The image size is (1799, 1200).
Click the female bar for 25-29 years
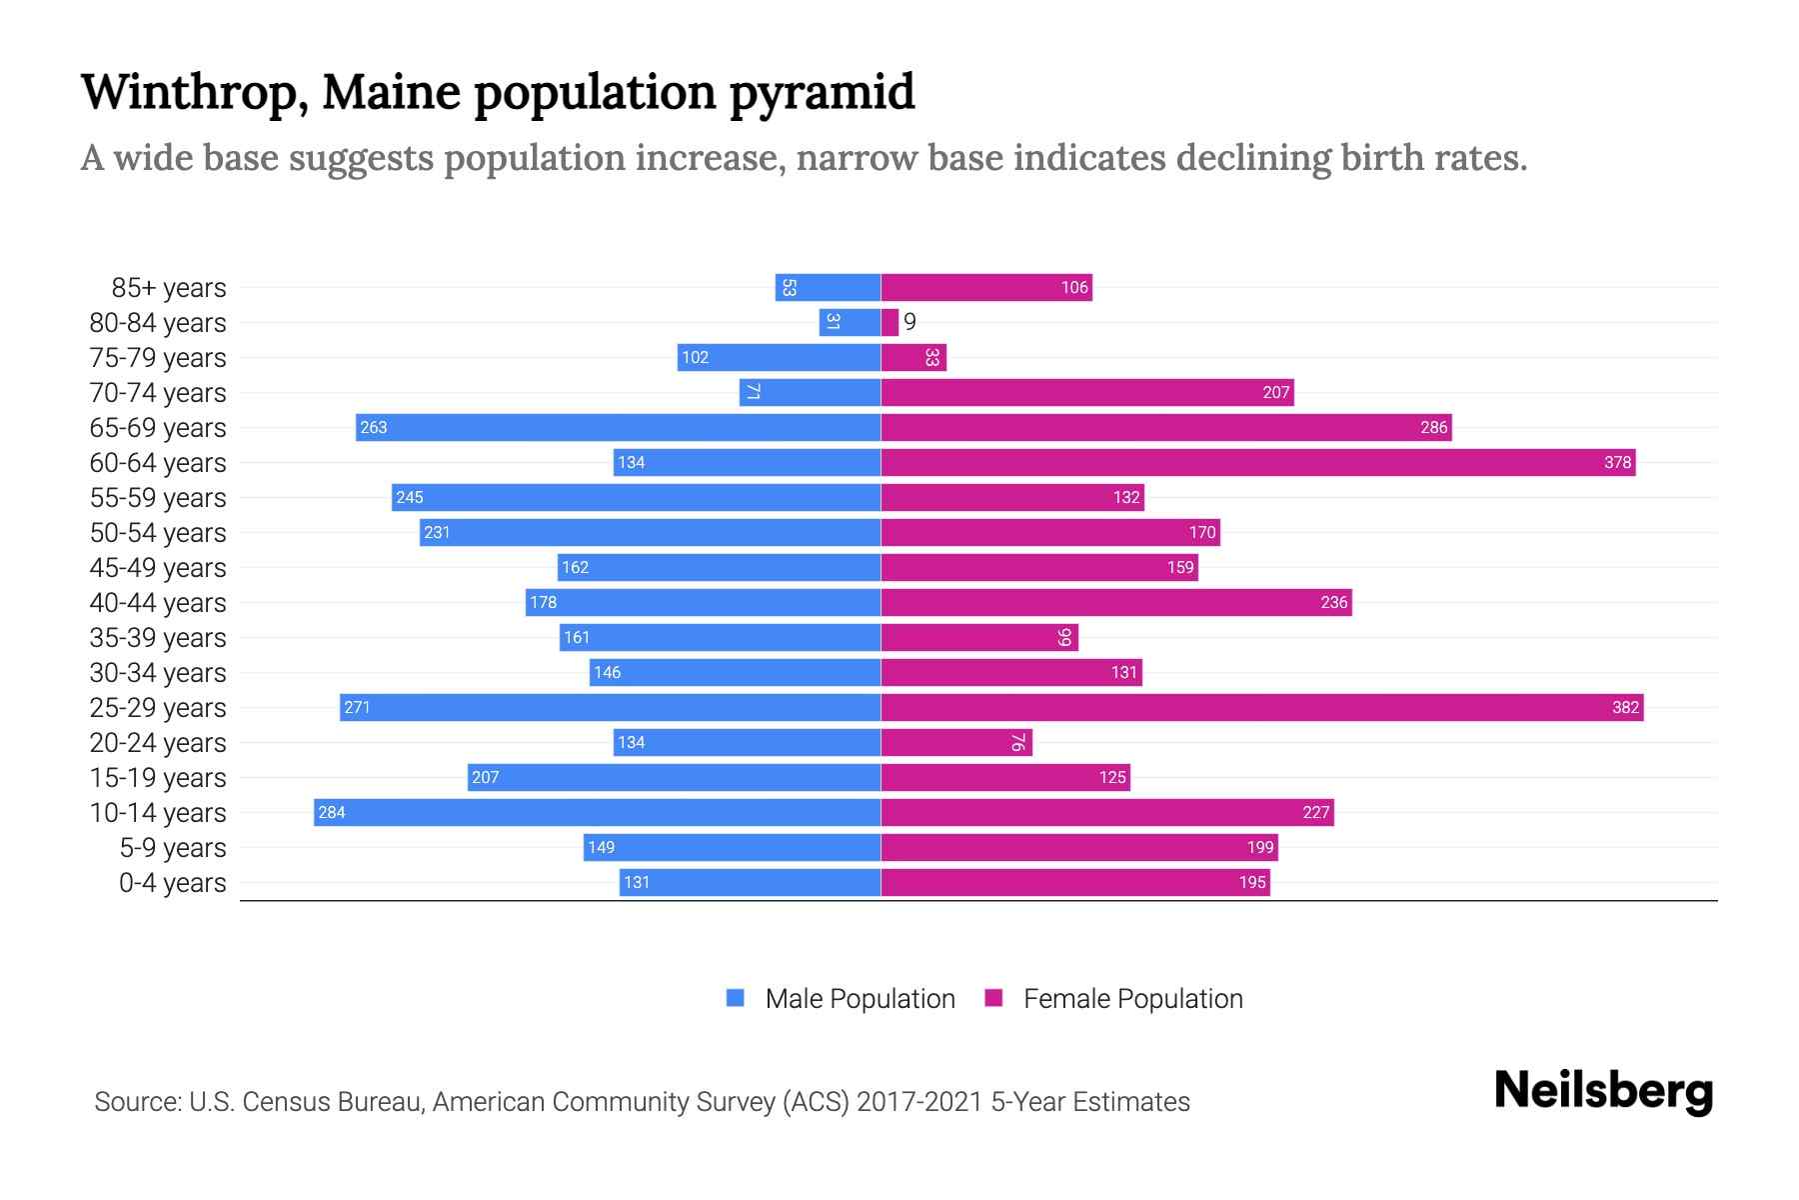pyautogui.click(x=1261, y=708)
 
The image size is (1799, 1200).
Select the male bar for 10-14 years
pyautogui.click(x=597, y=813)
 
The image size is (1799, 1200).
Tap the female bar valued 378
pyautogui.click(x=1257, y=463)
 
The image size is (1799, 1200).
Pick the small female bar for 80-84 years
pyautogui.click(x=890, y=323)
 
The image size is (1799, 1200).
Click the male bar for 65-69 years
pyautogui.click(x=618, y=428)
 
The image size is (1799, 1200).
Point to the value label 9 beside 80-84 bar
pyautogui.click(x=909, y=322)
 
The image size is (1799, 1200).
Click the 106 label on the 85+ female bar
pyautogui.click(x=1074, y=288)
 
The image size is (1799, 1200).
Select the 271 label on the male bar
pyautogui.click(x=357, y=708)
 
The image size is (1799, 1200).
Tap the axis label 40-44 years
pyautogui.click(x=158, y=603)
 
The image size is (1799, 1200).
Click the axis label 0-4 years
pyautogui.click(x=172, y=883)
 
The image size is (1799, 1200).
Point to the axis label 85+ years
pyautogui.click(x=168, y=288)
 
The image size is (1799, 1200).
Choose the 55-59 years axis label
pyautogui.click(x=158, y=498)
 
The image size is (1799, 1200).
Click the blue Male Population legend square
pyautogui.click(x=736, y=998)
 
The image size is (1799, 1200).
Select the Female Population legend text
pyautogui.click(x=1132, y=999)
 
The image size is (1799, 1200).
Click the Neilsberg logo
pyautogui.click(x=1603, y=1091)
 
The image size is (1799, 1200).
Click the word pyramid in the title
pyautogui.click(x=821, y=93)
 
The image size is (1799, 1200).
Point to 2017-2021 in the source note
pyautogui.click(x=919, y=1102)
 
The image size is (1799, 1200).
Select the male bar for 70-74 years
pyautogui.click(x=810, y=393)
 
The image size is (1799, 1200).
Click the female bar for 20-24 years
pyautogui.click(x=955, y=743)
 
